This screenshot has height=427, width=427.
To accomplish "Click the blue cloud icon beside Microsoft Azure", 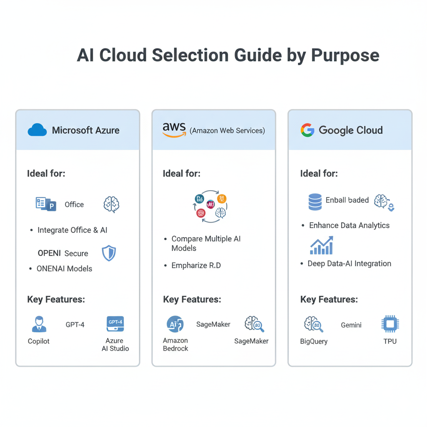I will pyautogui.click(x=37, y=130).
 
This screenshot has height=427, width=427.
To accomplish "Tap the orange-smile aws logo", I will pyautogui.click(x=174, y=130).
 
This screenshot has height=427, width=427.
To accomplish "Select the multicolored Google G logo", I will pyautogui.click(x=307, y=130).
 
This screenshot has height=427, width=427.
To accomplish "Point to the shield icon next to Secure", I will pyautogui.click(x=109, y=253).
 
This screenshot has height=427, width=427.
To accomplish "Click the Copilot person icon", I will pyautogui.click(x=39, y=324).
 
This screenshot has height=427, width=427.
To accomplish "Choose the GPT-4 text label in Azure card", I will pyautogui.click(x=75, y=324).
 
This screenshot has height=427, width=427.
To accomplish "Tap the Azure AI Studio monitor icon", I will pyautogui.click(x=115, y=324).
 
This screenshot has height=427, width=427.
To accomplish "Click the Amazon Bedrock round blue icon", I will pyautogui.click(x=175, y=324).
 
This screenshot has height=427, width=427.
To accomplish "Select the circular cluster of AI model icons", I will pyautogui.click(x=210, y=206).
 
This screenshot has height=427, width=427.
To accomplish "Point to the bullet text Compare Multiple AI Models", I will pyautogui.click(x=206, y=244).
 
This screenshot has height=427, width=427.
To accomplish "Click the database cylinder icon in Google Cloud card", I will pyautogui.click(x=315, y=202).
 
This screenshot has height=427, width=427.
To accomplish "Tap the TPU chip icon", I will pyautogui.click(x=390, y=324).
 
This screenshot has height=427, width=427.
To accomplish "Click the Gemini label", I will pyautogui.click(x=351, y=325).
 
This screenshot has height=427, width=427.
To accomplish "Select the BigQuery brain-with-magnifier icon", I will pyautogui.click(x=314, y=324).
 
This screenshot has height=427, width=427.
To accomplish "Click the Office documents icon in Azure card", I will pyautogui.click(x=46, y=204).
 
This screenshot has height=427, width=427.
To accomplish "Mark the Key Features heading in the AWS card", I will pyautogui.click(x=192, y=299).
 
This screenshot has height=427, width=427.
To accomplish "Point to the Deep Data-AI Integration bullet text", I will pyautogui.click(x=349, y=264).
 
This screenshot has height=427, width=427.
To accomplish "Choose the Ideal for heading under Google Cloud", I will pyautogui.click(x=319, y=173).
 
